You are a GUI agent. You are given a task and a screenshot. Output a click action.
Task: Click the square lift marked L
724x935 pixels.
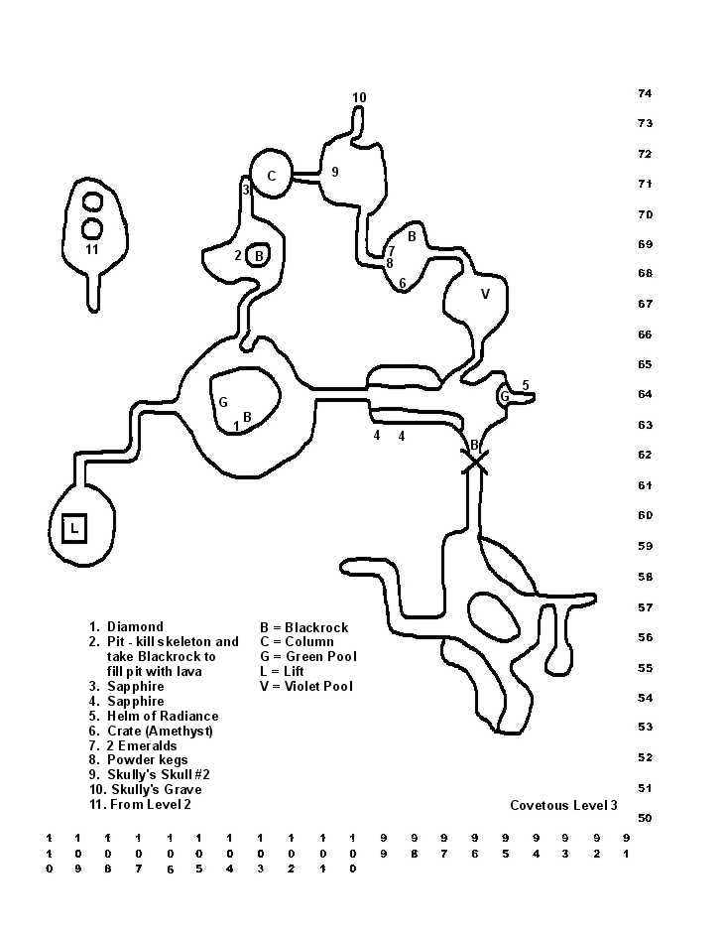(x=74, y=529)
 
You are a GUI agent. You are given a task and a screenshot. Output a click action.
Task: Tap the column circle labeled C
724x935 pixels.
(x=271, y=176)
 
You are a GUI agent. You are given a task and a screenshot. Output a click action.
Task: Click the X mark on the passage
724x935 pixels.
(x=476, y=462)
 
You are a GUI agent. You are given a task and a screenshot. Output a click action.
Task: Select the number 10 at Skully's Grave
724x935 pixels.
(x=359, y=97)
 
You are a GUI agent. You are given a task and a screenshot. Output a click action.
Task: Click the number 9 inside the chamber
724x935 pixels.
(x=335, y=172)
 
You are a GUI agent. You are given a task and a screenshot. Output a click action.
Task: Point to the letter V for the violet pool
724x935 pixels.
(x=485, y=294)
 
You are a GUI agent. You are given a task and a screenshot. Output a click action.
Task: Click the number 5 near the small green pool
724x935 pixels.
(x=526, y=385)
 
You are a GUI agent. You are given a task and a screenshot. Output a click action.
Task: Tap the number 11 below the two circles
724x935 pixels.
(x=91, y=249)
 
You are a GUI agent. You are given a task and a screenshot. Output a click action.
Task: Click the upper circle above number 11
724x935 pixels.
(x=92, y=202)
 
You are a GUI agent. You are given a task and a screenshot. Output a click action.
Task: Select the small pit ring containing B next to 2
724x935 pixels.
(x=258, y=255)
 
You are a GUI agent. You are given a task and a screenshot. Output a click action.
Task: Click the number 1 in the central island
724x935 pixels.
(x=236, y=427)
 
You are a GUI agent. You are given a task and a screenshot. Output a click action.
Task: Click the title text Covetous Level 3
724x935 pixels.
(x=563, y=805)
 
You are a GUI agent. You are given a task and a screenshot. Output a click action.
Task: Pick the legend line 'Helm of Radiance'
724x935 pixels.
(x=163, y=716)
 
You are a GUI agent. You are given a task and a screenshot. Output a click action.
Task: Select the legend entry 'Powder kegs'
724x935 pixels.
(x=147, y=760)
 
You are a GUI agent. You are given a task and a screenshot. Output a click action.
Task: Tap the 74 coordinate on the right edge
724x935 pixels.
(x=645, y=93)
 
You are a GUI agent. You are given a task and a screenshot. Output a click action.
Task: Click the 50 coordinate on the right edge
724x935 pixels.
(x=645, y=818)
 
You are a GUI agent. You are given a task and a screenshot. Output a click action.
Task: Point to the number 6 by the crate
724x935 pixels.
(x=403, y=283)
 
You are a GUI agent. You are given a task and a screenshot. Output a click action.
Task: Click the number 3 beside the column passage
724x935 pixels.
(x=246, y=190)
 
